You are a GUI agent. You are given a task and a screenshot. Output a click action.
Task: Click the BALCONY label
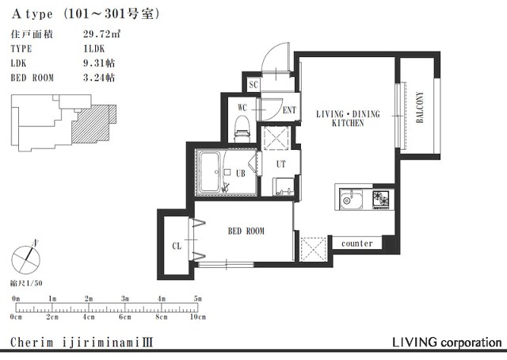(420, 107)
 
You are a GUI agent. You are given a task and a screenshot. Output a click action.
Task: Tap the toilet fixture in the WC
(243, 129)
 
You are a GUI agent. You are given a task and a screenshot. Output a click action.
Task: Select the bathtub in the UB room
(209, 172)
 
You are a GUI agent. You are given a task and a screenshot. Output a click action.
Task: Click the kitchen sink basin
(351, 198)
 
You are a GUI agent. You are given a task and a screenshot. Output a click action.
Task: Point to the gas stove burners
(381, 198)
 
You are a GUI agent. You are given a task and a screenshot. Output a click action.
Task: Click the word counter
(357, 243)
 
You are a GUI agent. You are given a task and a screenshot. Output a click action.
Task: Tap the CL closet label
(177, 246)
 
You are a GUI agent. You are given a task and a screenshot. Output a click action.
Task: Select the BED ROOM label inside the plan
(246, 231)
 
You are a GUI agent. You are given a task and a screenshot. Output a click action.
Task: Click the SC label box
(253, 85)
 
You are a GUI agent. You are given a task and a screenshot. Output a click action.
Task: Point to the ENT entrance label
(289, 110)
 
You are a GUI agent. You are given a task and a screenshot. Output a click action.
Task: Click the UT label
(281, 164)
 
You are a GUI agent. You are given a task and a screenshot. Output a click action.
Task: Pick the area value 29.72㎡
(101, 33)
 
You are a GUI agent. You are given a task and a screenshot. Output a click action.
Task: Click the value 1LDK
(93, 48)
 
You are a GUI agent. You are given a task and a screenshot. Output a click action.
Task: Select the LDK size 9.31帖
(99, 63)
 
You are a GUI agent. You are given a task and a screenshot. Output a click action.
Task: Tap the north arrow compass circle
(25, 260)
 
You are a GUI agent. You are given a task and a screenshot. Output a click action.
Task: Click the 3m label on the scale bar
(125, 298)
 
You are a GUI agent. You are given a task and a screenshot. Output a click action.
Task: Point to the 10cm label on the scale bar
(197, 316)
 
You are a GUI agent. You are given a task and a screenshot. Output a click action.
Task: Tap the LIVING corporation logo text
(447, 343)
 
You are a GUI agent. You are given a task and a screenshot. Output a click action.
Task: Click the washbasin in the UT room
(284, 187)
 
